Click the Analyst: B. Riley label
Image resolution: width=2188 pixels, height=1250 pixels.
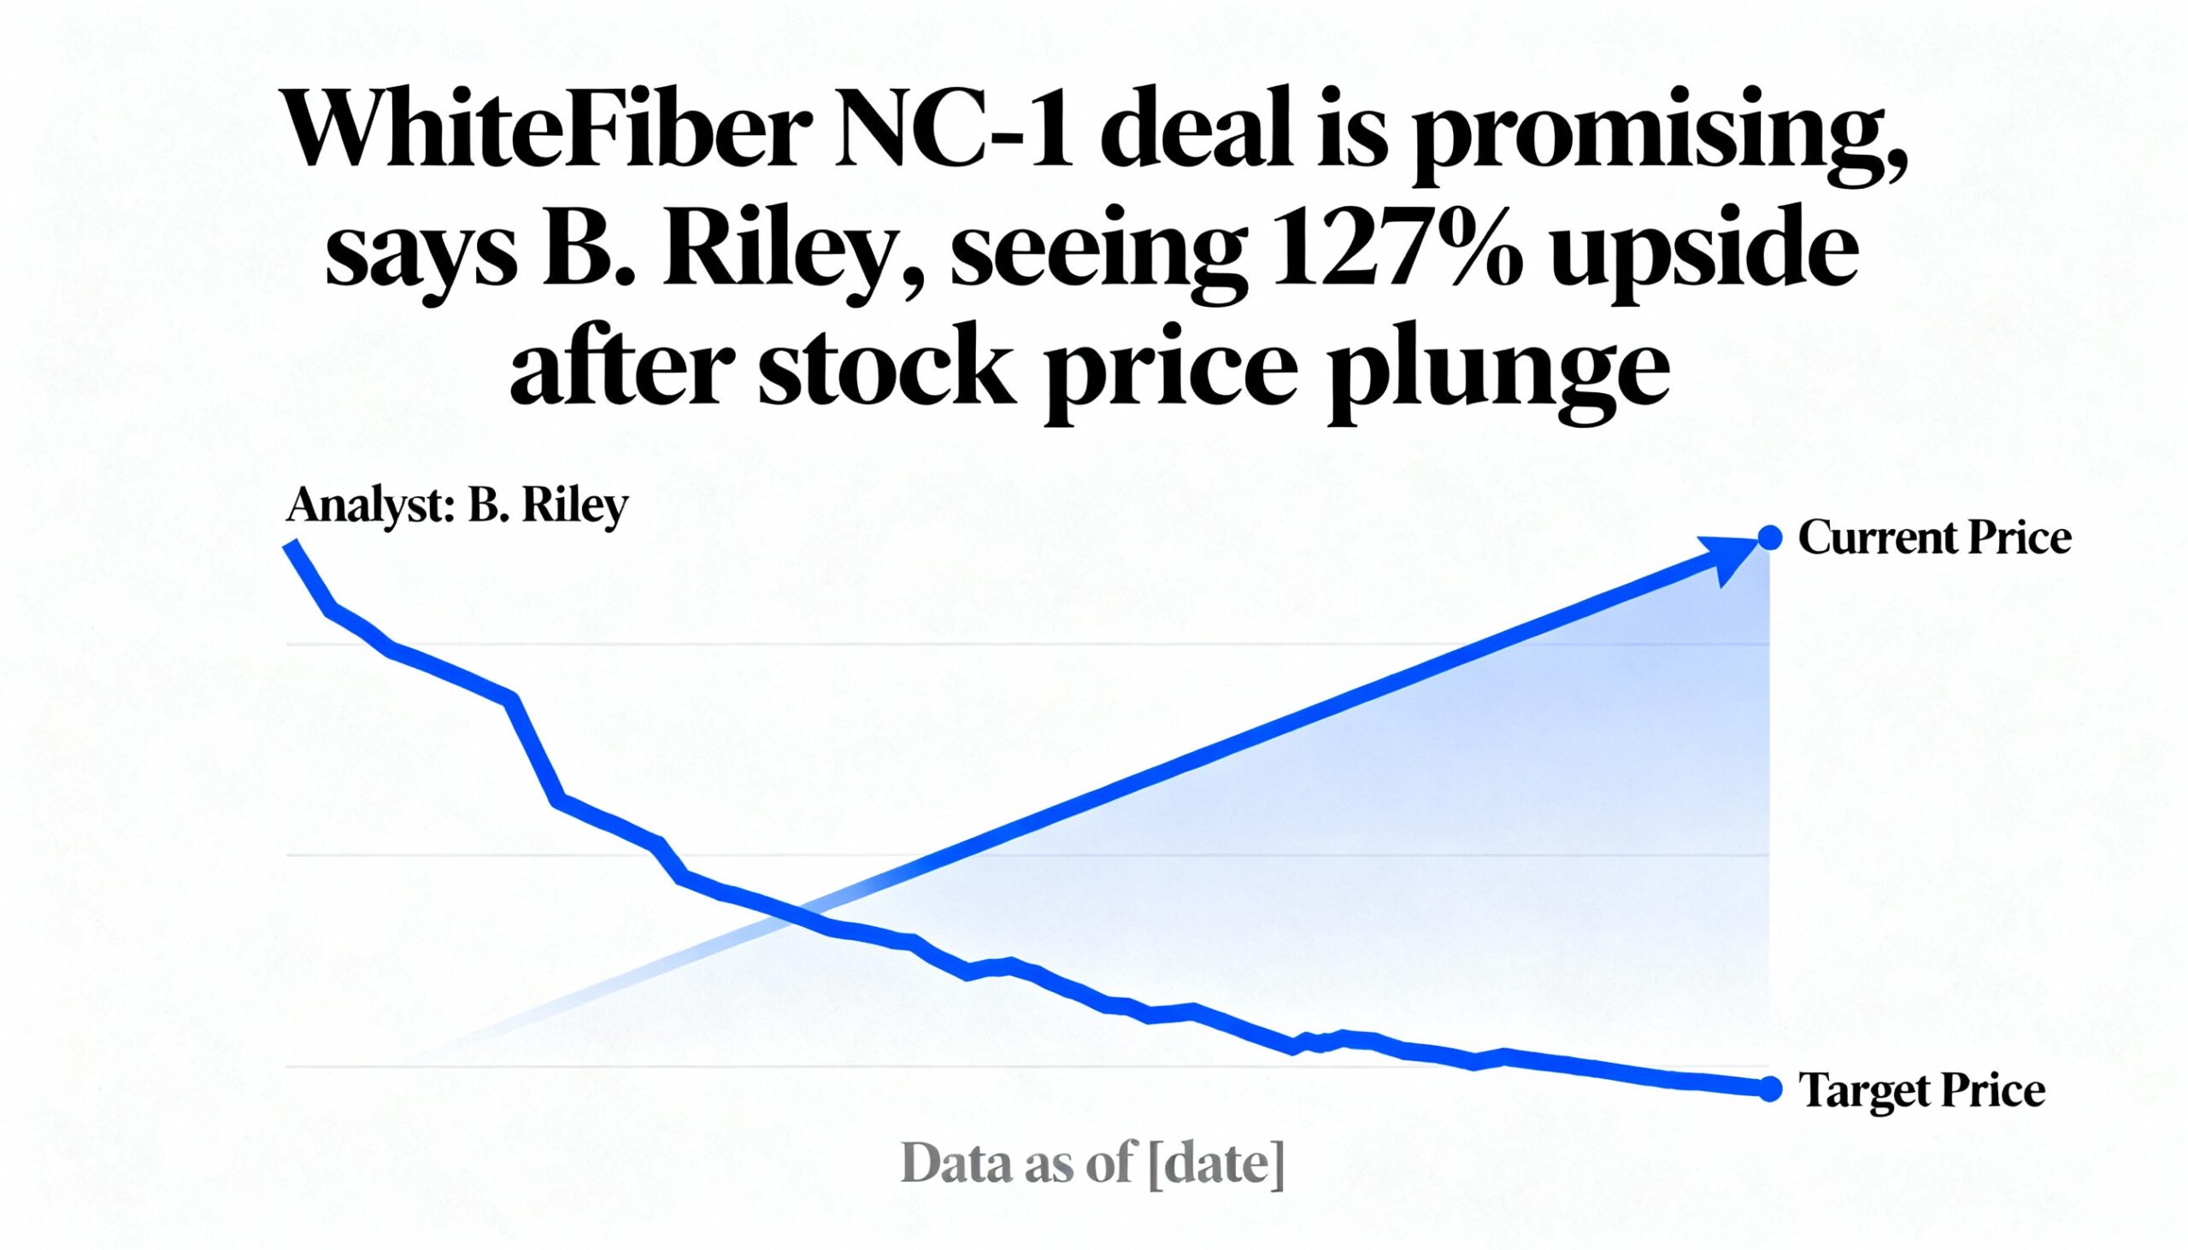coord(457,507)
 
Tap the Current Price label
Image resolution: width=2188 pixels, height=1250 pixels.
coord(1934,539)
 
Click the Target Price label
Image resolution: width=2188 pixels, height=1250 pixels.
coord(1921,1090)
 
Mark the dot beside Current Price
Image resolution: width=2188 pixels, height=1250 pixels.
coord(1769,538)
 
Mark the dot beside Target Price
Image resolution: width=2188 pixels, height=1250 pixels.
coord(1769,1089)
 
